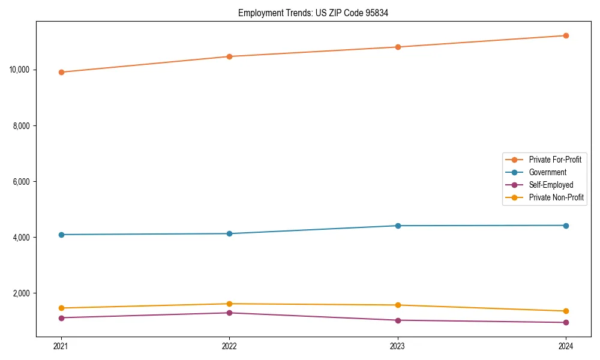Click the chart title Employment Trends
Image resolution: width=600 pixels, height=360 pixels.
313,13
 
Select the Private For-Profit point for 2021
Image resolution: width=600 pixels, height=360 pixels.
61,72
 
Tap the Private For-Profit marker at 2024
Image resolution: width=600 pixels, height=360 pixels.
566,35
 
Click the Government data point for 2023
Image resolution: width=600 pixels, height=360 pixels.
398,226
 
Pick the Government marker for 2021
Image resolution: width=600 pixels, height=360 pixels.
61,235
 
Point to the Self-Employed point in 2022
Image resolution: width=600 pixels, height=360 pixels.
229,313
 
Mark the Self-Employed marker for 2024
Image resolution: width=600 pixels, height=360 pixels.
566,322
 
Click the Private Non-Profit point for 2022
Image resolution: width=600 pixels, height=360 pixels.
229,304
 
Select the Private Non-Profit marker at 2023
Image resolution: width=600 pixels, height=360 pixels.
398,305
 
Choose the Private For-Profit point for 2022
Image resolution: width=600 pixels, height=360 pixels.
229,56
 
